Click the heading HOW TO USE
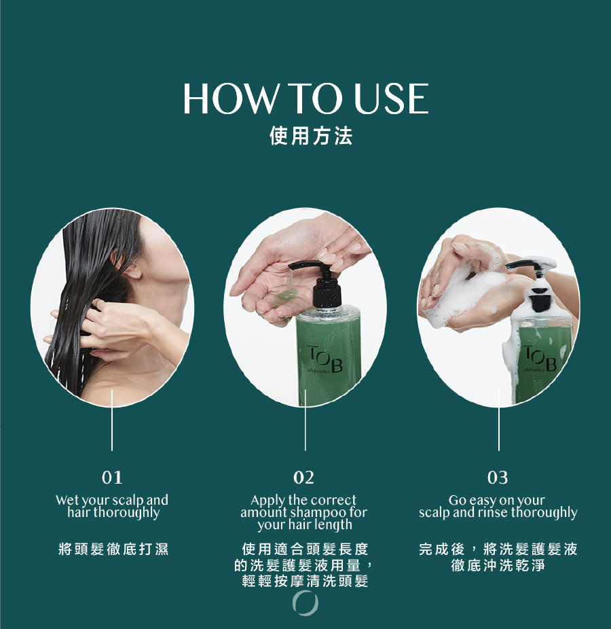(306, 98)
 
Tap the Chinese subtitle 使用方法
(311, 136)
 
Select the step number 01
(112, 478)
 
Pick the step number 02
(304, 478)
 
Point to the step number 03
(498, 478)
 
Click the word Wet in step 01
(67, 500)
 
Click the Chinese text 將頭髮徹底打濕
(113, 549)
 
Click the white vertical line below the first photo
(112, 420)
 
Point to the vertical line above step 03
(499, 420)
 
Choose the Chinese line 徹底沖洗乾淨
(498, 565)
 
